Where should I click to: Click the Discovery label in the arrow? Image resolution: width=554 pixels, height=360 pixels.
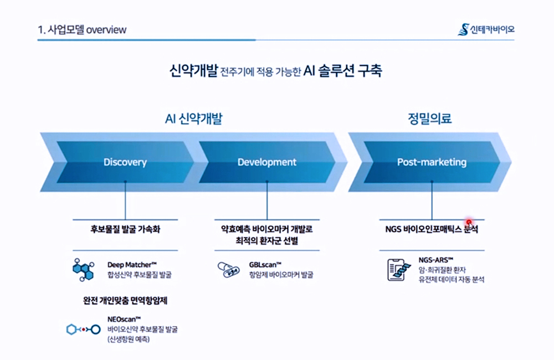[x=125, y=162]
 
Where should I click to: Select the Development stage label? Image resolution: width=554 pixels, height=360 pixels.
[x=267, y=162]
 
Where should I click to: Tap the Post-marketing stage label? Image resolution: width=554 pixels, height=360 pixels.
[x=432, y=162]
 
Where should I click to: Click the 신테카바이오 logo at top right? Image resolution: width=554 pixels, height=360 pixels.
[x=486, y=30]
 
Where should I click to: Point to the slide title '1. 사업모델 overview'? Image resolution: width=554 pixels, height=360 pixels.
[x=82, y=30]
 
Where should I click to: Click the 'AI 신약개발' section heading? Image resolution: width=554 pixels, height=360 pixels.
[x=193, y=119]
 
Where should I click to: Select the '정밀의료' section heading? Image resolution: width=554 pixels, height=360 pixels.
[x=430, y=119]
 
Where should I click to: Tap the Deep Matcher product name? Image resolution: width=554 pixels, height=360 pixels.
[x=132, y=265]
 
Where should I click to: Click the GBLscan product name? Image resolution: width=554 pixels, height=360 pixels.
[x=265, y=265]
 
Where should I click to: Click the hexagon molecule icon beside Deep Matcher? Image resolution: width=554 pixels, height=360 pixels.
[x=84, y=270]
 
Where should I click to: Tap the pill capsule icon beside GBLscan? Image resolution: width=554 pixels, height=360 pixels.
[x=229, y=270]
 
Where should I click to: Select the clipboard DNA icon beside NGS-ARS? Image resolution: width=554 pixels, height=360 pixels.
[x=399, y=270]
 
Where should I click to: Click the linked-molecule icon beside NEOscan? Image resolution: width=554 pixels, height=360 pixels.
[x=84, y=330]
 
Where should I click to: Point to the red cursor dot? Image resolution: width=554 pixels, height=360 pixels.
[x=469, y=222]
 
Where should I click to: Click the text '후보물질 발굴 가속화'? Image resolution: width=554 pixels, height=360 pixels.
[x=125, y=229]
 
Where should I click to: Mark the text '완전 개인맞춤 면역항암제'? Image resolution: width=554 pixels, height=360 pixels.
[x=125, y=301]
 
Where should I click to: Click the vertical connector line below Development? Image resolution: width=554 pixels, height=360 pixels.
[x=267, y=200]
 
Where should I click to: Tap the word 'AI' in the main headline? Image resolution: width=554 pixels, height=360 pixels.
[x=309, y=71]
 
